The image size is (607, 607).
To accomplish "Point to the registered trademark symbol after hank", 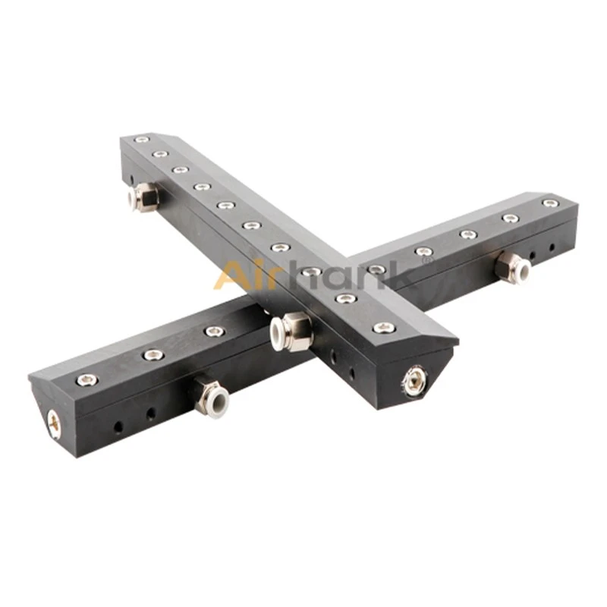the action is coord(426,261).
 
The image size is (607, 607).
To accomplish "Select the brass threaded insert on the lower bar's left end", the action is coord(53,421).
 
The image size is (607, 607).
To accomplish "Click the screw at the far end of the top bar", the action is coord(143,139).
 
